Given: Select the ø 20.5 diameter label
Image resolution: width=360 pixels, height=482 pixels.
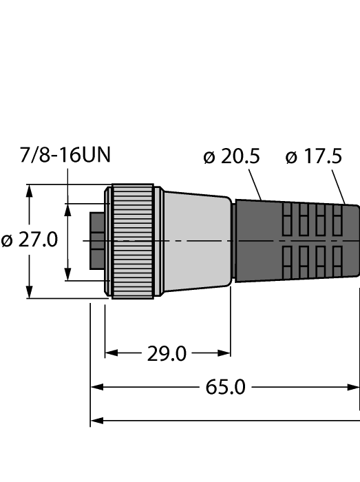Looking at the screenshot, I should (232, 156).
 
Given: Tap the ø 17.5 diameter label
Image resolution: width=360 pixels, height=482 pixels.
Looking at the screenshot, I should (313, 156).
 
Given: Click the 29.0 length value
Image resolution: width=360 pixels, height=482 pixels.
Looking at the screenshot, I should (167, 354).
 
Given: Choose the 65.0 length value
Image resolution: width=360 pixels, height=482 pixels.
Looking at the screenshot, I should (226, 387).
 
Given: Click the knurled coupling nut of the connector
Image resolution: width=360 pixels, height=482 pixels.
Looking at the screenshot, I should (132, 241).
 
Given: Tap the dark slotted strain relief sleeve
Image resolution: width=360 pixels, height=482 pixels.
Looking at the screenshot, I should (296, 241).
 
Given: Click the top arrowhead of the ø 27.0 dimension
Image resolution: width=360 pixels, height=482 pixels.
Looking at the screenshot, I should (30, 191).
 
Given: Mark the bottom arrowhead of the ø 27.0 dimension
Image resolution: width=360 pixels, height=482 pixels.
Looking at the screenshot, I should (30, 292).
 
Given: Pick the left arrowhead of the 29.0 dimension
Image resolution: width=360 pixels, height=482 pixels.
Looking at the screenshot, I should (111, 354).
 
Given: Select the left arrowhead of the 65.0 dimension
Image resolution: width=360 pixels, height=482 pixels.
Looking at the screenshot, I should (97, 387).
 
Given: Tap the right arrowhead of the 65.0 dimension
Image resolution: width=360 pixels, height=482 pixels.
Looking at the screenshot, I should (354, 387).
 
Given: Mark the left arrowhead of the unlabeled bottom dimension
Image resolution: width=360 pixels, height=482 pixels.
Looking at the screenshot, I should (97, 420).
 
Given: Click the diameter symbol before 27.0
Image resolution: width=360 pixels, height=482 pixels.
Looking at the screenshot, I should (8, 241).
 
